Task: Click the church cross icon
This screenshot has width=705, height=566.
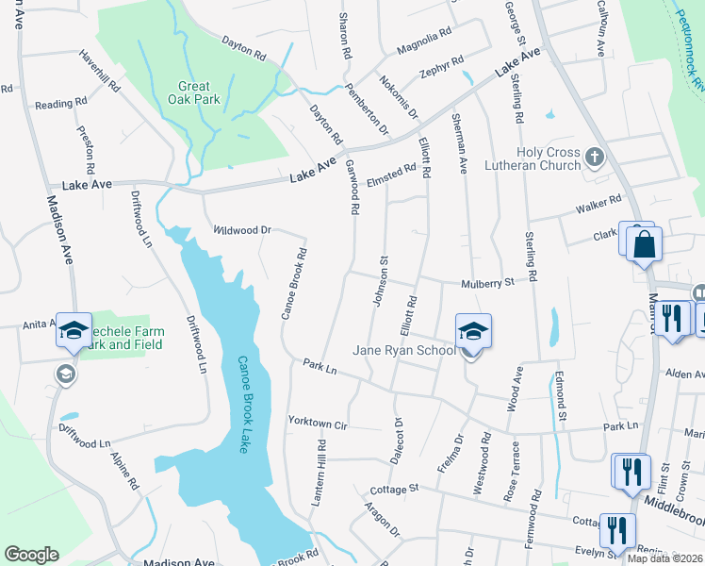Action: [594, 155]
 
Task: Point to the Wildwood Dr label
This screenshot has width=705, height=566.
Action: [242, 229]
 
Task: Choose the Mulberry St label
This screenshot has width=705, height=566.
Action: [488, 282]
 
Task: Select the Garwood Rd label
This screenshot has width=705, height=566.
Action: [353, 190]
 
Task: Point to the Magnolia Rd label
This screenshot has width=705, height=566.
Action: [424, 41]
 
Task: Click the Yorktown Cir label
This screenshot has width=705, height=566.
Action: [319, 423]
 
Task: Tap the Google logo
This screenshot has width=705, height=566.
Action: [31, 555]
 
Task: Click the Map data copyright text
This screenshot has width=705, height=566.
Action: [665, 558]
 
